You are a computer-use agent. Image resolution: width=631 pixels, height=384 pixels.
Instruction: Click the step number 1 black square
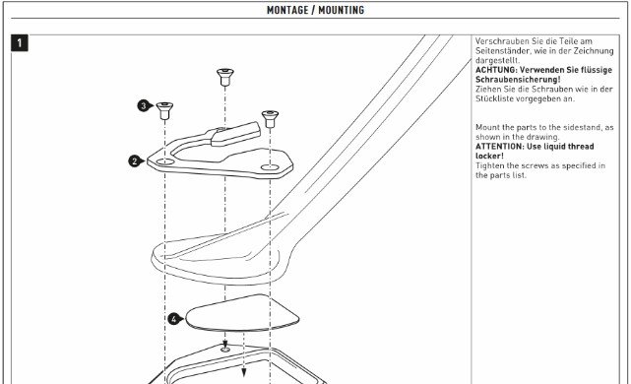(x=20, y=43)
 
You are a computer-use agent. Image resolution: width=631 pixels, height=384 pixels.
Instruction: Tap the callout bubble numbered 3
(x=144, y=106)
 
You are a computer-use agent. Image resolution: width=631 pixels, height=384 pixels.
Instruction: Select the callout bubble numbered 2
(x=135, y=161)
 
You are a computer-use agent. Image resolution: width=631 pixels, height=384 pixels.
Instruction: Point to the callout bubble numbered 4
(x=174, y=319)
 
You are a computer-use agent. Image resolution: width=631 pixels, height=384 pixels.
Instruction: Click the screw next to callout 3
(x=164, y=110)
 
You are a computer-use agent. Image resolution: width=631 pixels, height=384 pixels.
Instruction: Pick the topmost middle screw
(x=225, y=77)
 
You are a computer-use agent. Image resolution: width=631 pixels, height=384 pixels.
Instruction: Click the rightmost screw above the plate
(x=270, y=119)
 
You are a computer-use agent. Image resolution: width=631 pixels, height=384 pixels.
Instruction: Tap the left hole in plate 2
(x=165, y=161)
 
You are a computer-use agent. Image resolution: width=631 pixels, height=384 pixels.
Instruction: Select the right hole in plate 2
(x=270, y=167)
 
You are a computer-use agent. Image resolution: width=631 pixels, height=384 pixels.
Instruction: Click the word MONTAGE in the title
(x=286, y=10)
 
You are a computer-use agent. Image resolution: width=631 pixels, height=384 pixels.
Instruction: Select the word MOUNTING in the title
(x=342, y=10)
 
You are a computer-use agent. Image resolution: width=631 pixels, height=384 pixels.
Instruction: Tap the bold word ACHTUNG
(x=494, y=70)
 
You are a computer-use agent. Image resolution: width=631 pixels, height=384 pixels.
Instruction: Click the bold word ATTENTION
(x=499, y=147)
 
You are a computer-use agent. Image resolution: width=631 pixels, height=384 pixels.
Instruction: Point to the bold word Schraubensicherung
(x=517, y=80)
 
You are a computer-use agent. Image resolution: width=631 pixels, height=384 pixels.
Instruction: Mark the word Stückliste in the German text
(x=494, y=98)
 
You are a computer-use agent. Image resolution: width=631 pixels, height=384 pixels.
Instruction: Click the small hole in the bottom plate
(x=225, y=350)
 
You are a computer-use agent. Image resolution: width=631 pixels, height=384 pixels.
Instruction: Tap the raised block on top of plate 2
(x=235, y=134)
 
